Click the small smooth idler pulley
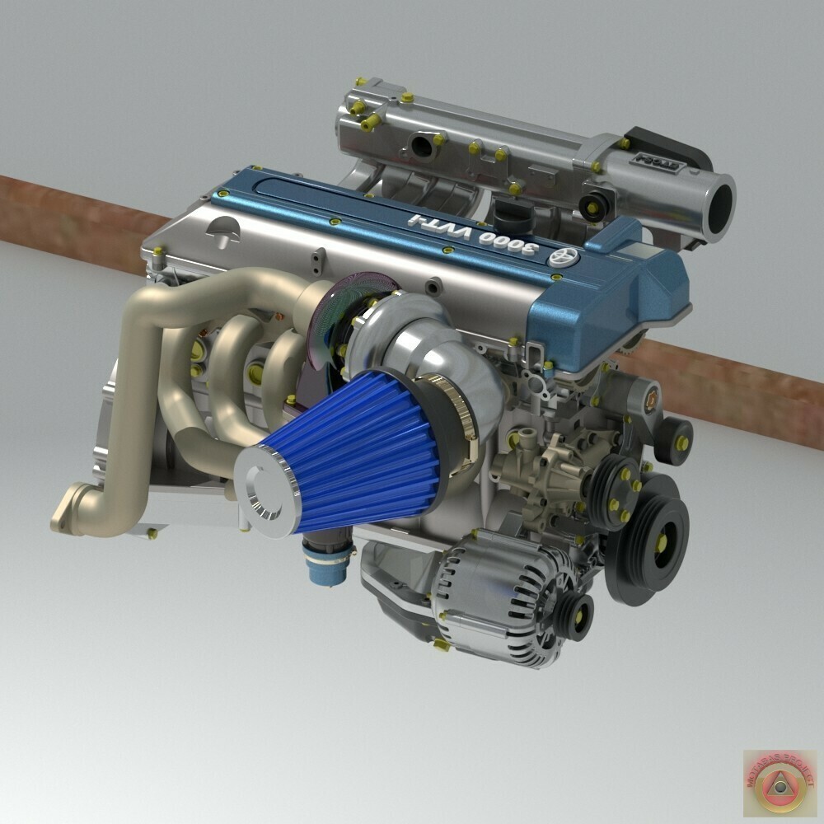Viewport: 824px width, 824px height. (674, 440)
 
